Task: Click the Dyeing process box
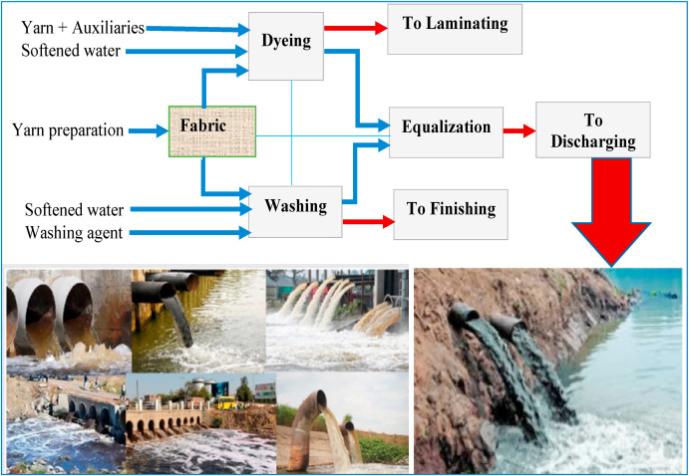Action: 286,45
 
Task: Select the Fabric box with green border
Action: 212,130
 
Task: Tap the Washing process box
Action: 295,207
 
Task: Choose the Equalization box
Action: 445,127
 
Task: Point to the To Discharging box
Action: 595,130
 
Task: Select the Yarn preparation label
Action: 68,129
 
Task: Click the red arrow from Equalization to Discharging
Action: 517,129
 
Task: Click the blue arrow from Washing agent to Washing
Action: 189,233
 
